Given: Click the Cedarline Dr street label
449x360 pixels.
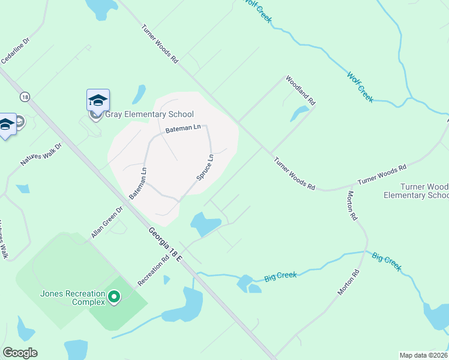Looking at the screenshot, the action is pyautogui.click(x=15, y=52).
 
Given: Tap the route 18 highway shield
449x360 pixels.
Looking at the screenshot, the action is pyautogui.click(x=24, y=97).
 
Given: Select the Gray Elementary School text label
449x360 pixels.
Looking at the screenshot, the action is pyautogui.click(x=149, y=114).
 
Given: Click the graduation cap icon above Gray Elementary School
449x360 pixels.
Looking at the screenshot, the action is pyautogui.click(x=98, y=100).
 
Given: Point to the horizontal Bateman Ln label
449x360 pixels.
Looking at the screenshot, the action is pyautogui.click(x=183, y=128).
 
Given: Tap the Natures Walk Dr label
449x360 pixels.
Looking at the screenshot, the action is pyautogui.click(x=41, y=154).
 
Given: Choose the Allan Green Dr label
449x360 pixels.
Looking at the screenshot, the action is pyautogui.click(x=107, y=222).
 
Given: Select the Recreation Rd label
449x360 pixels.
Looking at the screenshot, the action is pyautogui.click(x=154, y=271).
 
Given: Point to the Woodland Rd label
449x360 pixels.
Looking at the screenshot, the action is pyautogui.click(x=300, y=90).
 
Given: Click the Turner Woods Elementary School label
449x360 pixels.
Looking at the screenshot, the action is pyautogui.click(x=415, y=191).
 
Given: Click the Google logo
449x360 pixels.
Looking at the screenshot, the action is pyautogui.click(x=20, y=353).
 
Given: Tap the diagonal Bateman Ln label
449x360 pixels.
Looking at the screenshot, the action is pyautogui.click(x=137, y=183).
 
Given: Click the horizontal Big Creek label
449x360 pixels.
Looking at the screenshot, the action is pyautogui.click(x=281, y=276).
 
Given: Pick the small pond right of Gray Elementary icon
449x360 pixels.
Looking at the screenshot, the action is pyautogui.click(x=139, y=94).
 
